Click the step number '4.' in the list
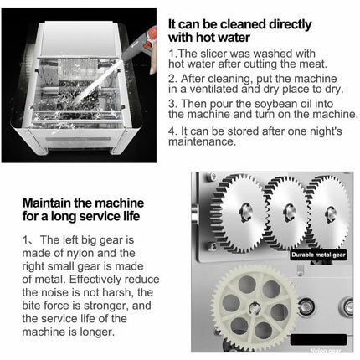tap(172, 130)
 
